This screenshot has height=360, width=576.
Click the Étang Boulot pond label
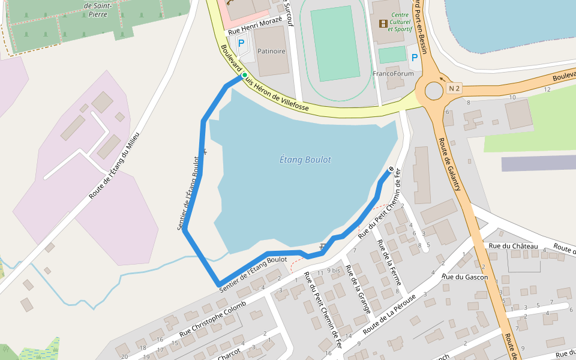click(305, 160)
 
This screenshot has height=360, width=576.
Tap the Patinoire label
click(271, 51)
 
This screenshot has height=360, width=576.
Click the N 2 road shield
click(454, 89)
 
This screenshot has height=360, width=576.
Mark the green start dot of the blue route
click(244, 75)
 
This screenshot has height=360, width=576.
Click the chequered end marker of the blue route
click(391, 169)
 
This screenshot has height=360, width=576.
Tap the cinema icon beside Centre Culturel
click(383, 24)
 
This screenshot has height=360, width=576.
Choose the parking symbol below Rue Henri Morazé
click(241, 43)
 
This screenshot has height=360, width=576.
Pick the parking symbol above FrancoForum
click(414, 58)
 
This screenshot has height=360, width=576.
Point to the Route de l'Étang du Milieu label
click(114, 166)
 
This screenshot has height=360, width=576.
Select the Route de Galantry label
click(449, 165)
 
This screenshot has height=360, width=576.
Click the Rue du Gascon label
click(464, 277)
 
